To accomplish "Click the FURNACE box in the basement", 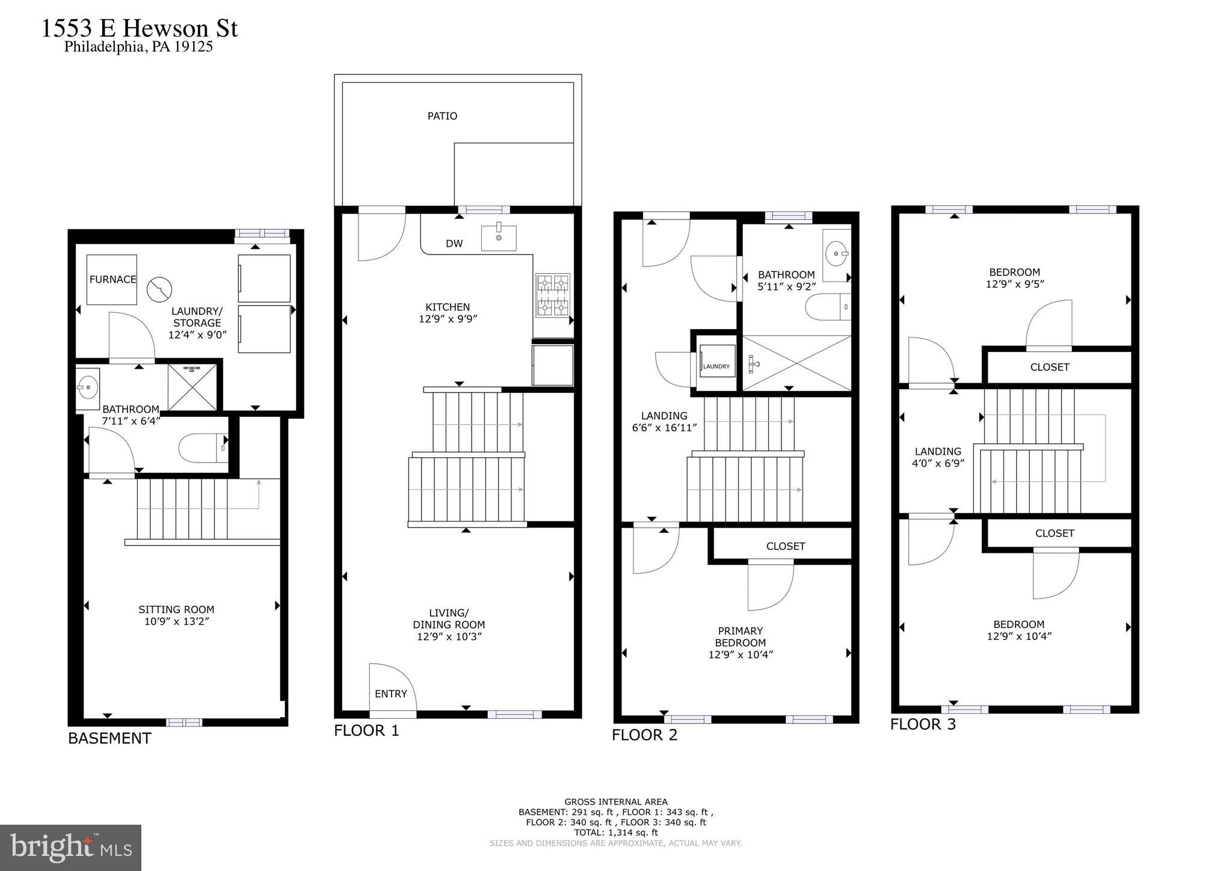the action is pos(112,280).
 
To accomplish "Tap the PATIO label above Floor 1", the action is pos(442,116).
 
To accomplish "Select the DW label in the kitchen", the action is pos(454,244).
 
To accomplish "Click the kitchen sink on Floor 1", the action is pos(499,238).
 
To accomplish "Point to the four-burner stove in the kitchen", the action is pos(553,295).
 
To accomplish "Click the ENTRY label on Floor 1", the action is pos(391,694).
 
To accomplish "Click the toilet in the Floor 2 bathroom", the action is pos(828,307).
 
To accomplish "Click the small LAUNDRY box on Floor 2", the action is pos(716,361).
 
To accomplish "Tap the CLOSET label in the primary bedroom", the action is pos(786,546).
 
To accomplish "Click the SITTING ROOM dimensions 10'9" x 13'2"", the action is pos(176,621).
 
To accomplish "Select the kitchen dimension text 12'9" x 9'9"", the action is pos(448,319).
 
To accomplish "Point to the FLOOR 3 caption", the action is pos(923,724).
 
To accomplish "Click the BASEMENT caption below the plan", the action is pos(109,739).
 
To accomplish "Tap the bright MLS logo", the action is pos(70,848).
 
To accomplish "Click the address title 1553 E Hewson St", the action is pos(140,29).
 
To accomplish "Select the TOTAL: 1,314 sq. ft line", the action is pos(616,833).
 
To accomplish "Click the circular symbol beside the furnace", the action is pos(159,291).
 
